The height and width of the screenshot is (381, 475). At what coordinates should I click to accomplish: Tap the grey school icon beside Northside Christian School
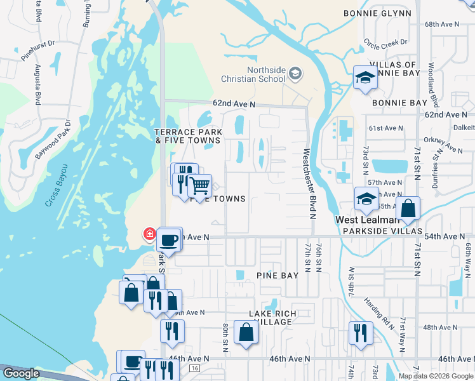pyautogui.click(x=295, y=74)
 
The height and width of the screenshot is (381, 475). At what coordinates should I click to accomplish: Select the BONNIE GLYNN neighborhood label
pyautogui.click(x=378, y=13)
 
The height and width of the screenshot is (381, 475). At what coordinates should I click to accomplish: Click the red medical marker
pyautogui.click(x=150, y=234)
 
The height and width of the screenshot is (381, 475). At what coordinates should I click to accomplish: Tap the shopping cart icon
pyautogui.click(x=200, y=186)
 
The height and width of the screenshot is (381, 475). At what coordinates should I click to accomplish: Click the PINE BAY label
pyautogui.click(x=277, y=276)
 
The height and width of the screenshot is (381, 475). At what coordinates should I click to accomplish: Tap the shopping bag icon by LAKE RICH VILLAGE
pyautogui.click(x=246, y=332)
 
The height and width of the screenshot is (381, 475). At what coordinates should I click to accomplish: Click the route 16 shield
pyautogui.click(x=194, y=368)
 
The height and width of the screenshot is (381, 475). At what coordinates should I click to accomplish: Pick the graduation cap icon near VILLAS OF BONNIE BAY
pyautogui.click(x=365, y=77)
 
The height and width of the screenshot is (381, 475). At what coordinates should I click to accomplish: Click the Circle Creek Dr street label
pyautogui.click(x=385, y=43)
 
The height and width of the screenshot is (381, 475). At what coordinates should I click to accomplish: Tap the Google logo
pyautogui.click(x=20, y=373)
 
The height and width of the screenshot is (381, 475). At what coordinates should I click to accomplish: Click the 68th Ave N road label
pyautogui.click(x=441, y=23)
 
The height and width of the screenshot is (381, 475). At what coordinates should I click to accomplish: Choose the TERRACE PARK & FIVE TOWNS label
pyautogui.click(x=189, y=137)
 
